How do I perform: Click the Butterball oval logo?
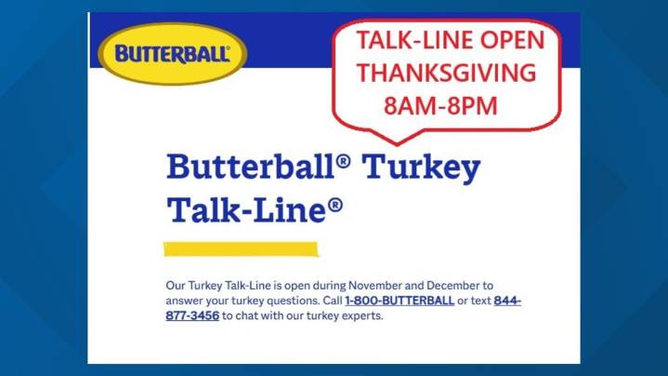click(173, 52)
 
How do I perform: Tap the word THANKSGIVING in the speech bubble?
click(447, 73)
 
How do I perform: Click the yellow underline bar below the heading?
click(241, 249)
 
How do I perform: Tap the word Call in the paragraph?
click(328, 301)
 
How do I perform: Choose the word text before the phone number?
click(479, 301)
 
